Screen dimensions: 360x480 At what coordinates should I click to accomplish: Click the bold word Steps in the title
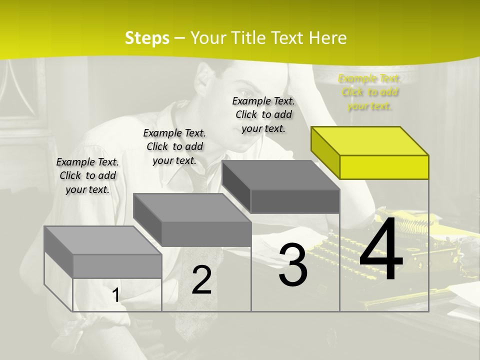(x=147, y=38)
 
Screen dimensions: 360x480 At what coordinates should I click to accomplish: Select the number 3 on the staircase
(x=293, y=265)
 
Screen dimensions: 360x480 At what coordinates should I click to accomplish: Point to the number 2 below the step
(x=201, y=280)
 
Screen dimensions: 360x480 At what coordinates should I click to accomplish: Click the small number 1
(x=116, y=295)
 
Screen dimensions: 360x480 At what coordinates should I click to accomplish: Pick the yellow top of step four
(x=369, y=141)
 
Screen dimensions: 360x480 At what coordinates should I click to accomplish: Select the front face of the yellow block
(x=384, y=167)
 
